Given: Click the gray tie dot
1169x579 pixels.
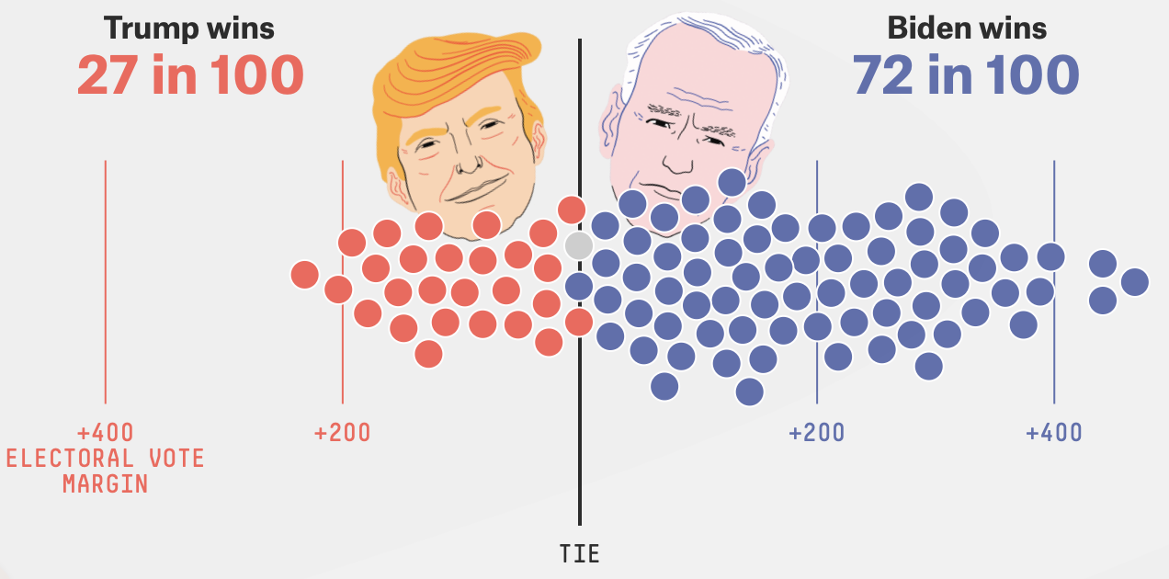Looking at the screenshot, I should pyautogui.click(x=578, y=245).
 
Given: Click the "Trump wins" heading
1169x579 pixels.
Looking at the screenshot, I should pyautogui.click(x=189, y=28).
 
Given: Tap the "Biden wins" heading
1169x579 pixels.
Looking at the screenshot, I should pyautogui.click(x=966, y=28).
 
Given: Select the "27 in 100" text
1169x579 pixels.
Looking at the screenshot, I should pyautogui.click(x=189, y=75).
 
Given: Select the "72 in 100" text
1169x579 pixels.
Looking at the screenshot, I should pyautogui.click(x=966, y=75).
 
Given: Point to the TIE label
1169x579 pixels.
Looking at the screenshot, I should pyautogui.click(x=579, y=553).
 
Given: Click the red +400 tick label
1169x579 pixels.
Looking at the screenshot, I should pyautogui.click(x=105, y=432).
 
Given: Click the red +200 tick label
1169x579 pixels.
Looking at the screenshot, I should pyautogui.click(x=342, y=432).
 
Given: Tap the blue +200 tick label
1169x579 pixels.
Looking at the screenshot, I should pyautogui.click(x=817, y=432).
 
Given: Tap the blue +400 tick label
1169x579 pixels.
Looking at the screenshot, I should pyautogui.click(x=1054, y=432).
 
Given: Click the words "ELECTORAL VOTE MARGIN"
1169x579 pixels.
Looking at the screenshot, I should pyautogui.click(x=105, y=471).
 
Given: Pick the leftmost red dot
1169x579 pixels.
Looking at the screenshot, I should pyautogui.click(x=304, y=274).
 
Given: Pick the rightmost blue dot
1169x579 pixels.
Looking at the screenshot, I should pyautogui.click(x=1134, y=281).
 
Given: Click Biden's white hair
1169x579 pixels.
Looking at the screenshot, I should pyautogui.click(x=708, y=46).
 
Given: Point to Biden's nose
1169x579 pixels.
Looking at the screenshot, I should pyautogui.click(x=678, y=156).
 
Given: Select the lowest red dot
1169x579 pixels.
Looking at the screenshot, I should pyautogui.click(x=428, y=353).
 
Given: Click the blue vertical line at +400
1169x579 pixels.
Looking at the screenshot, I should pyautogui.click(x=1054, y=349).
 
